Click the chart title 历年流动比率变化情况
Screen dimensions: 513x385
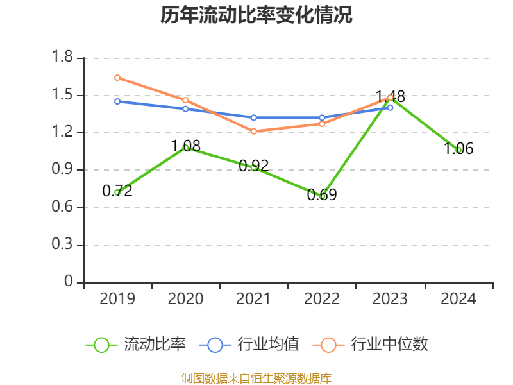256,15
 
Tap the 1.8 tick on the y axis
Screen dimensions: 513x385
62,56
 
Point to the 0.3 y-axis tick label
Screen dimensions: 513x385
62,244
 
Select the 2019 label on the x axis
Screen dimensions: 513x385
117,298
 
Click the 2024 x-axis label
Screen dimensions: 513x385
458,298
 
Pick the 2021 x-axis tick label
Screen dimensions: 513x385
253,298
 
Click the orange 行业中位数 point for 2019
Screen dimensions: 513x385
117,78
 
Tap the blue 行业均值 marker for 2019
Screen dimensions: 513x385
117,101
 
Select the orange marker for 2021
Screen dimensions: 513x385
254,132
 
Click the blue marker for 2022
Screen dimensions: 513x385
322,117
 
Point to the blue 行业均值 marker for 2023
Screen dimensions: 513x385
390,107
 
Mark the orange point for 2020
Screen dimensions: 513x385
185,100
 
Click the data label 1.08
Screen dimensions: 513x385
186,146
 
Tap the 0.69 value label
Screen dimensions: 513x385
322,195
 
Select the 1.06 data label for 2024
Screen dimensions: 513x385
458,149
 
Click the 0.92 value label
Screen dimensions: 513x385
254,166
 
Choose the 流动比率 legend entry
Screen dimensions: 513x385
136,345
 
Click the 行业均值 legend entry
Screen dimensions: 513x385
249,345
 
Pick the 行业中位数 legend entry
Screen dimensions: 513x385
371,345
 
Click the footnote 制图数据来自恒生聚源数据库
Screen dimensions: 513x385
256,379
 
